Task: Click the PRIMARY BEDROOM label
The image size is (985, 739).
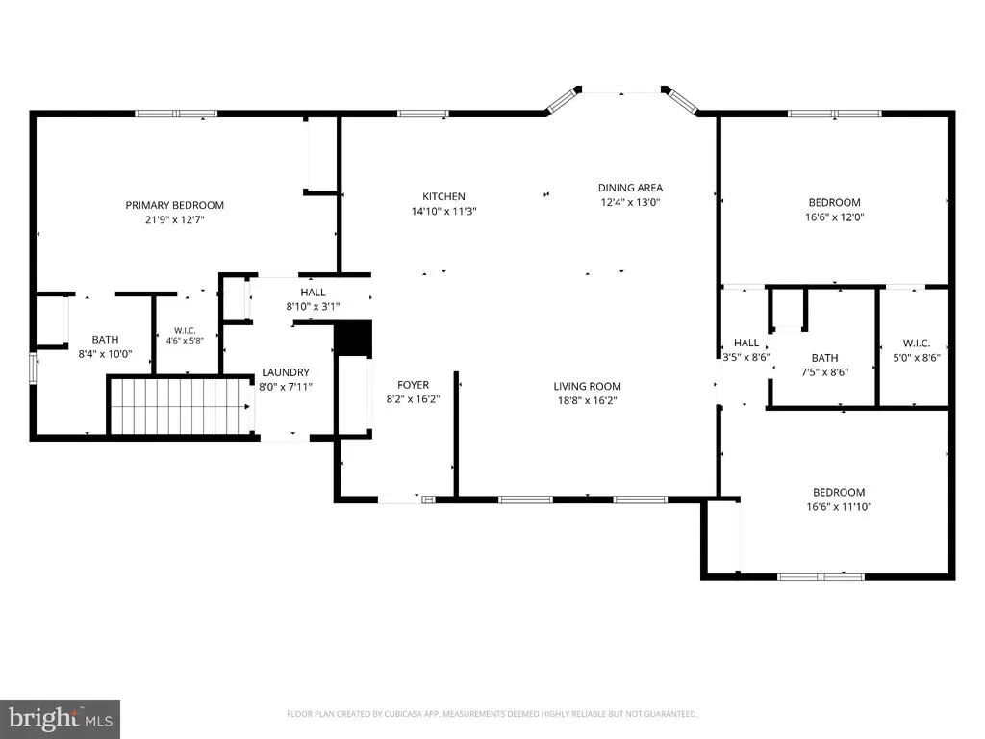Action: click(x=175, y=205)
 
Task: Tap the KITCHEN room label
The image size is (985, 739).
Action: click(x=443, y=196)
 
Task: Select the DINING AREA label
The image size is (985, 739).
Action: click(x=630, y=188)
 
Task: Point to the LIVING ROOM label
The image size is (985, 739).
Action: click(x=588, y=386)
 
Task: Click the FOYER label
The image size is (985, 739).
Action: click(x=413, y=385)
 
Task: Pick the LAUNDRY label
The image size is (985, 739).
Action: click(x=285, y=372)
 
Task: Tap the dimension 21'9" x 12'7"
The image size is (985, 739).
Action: click(x=175, y=220)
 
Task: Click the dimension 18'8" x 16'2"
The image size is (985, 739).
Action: click(x=588, y=401)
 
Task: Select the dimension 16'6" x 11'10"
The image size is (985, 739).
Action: click(x=839, y=506)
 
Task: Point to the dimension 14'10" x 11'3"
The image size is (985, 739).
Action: click(x=443, y=211)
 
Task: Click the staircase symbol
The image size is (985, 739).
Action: click(x=180, y=406)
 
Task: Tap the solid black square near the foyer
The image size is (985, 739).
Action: click(x=353, y=340)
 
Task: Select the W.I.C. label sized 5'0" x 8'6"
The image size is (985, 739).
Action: click(x=917, y=344)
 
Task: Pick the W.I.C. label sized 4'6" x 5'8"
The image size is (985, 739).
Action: click(x=185, y=331)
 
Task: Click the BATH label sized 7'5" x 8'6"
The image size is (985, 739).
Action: click(x=824, y=358)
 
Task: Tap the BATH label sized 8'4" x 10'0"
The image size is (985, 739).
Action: click(x=105, y=340)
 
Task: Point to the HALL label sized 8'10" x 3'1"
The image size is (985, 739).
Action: click(x=313, y=292)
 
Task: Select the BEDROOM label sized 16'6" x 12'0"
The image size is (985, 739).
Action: click(x=834, y=202)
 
